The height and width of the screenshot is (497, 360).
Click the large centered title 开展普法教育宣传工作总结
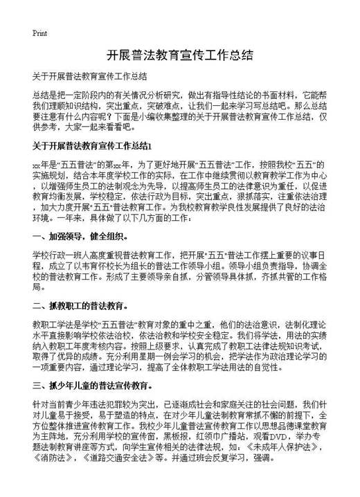tap(179, 56)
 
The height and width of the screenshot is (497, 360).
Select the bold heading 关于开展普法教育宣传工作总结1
tap(91, 147)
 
